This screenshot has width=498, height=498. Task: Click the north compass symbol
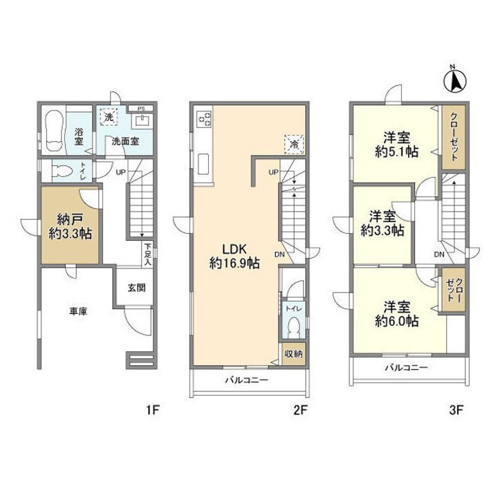click(455, 80)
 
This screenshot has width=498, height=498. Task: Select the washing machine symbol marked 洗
click(109, 117)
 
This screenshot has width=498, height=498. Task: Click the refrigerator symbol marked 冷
click(294, 145)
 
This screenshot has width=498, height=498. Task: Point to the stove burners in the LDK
click(203, 119)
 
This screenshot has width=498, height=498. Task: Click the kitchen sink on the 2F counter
click(203, 164)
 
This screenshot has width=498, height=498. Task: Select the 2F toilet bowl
click(294, 328)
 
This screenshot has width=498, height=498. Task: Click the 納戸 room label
click(70, 219)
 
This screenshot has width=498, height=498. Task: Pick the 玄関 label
click(136, 288)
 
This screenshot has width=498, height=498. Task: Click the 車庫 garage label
click(78, 311)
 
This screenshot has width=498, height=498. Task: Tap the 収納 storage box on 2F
click(294, 353)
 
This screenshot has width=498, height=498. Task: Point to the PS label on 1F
click(141, 109)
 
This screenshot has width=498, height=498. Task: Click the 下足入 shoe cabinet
click(147, 255)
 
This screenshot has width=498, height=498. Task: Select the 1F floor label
click(152, 410)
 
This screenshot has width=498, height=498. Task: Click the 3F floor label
click(456, 410)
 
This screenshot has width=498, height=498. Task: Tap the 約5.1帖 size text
click(396, 151)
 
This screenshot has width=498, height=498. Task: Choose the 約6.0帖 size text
click(396, 321)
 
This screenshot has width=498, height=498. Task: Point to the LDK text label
click(234, 249)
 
